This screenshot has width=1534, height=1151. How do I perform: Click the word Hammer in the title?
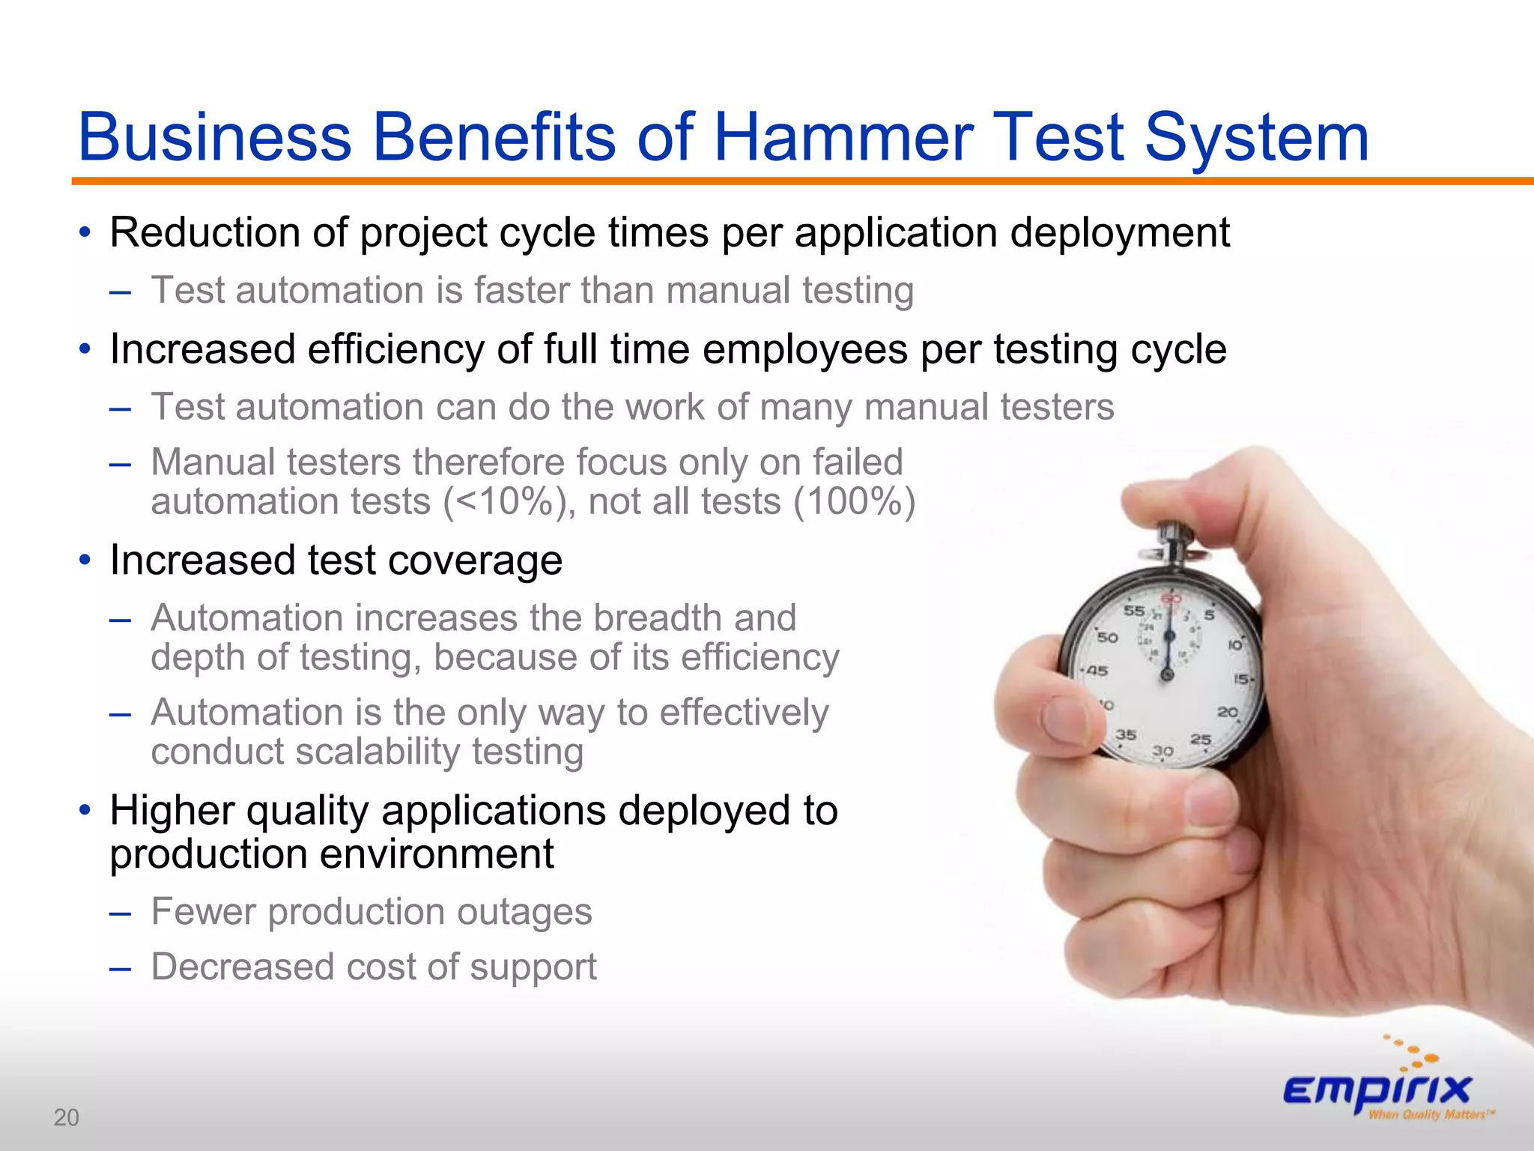843,137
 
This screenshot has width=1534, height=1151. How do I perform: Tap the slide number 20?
66,1117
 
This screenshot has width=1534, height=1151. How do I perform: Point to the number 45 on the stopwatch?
1097,671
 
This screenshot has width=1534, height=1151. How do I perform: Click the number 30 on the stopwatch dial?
1162,750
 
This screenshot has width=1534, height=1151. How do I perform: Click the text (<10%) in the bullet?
509,502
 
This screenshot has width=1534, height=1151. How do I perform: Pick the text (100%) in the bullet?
854,502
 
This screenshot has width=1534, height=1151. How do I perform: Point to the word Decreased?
242,967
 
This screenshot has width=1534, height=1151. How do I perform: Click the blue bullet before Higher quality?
85,810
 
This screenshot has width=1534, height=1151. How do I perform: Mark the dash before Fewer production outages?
120,913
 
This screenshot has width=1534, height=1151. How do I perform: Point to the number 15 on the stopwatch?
1241,679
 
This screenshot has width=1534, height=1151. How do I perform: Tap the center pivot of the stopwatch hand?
1167,675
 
